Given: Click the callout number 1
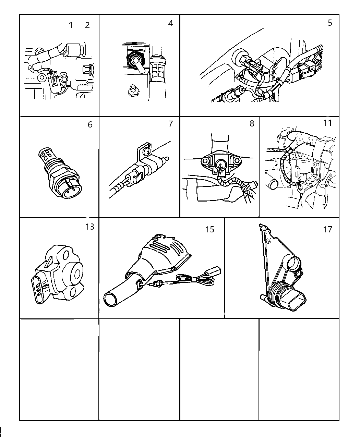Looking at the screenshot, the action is click(71, 25).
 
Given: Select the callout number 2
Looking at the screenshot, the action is click(87, 25).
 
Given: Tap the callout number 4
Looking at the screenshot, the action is click(171, 23).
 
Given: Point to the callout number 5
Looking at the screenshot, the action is click(330, 23).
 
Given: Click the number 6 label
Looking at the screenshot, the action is click(90, 124).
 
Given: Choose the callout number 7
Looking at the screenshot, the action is click(171, 124).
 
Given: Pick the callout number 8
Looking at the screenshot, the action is click(252, 123).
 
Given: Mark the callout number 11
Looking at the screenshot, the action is click(327, 123).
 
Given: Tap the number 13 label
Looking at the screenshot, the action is click(89, 227).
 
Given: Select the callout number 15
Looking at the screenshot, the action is click(209, 229).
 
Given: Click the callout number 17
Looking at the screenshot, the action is click(328, 229).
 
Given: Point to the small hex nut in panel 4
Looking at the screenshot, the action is click(132, 90).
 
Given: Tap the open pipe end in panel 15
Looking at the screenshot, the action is click(111, 300).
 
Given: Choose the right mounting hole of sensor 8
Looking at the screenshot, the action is click(237, 161).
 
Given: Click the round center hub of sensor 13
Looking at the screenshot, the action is click(76, 274).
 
